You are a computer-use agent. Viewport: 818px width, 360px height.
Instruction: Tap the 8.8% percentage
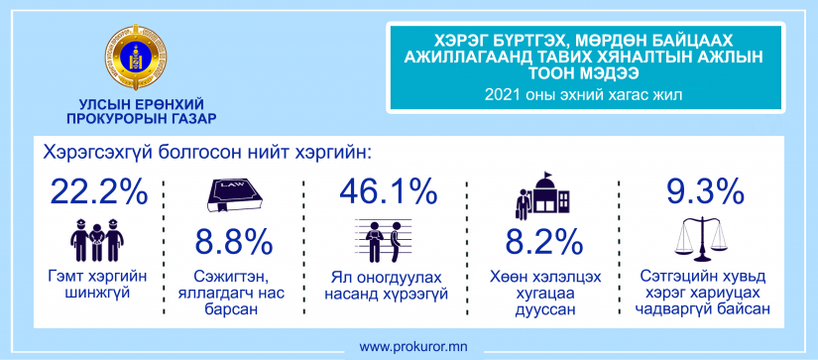[234, 242]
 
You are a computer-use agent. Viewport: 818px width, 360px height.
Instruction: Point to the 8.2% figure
[543, 242]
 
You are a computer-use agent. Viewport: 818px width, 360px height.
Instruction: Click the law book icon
[234, 195]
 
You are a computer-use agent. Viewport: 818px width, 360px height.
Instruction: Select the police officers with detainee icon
[97, 240]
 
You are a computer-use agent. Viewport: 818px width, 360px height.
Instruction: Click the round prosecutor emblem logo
[135, 57]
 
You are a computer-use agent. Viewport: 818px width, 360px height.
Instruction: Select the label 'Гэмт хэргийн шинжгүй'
[97, 285]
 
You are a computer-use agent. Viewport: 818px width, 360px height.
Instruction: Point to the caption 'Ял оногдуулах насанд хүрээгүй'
[387, 285]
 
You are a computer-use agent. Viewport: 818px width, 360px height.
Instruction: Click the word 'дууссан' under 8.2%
[545, 311]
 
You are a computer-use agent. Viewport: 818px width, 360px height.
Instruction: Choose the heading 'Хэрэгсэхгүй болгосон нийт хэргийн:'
[208, 153]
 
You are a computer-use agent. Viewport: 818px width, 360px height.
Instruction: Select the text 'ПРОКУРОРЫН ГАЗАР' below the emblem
[142, 119]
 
